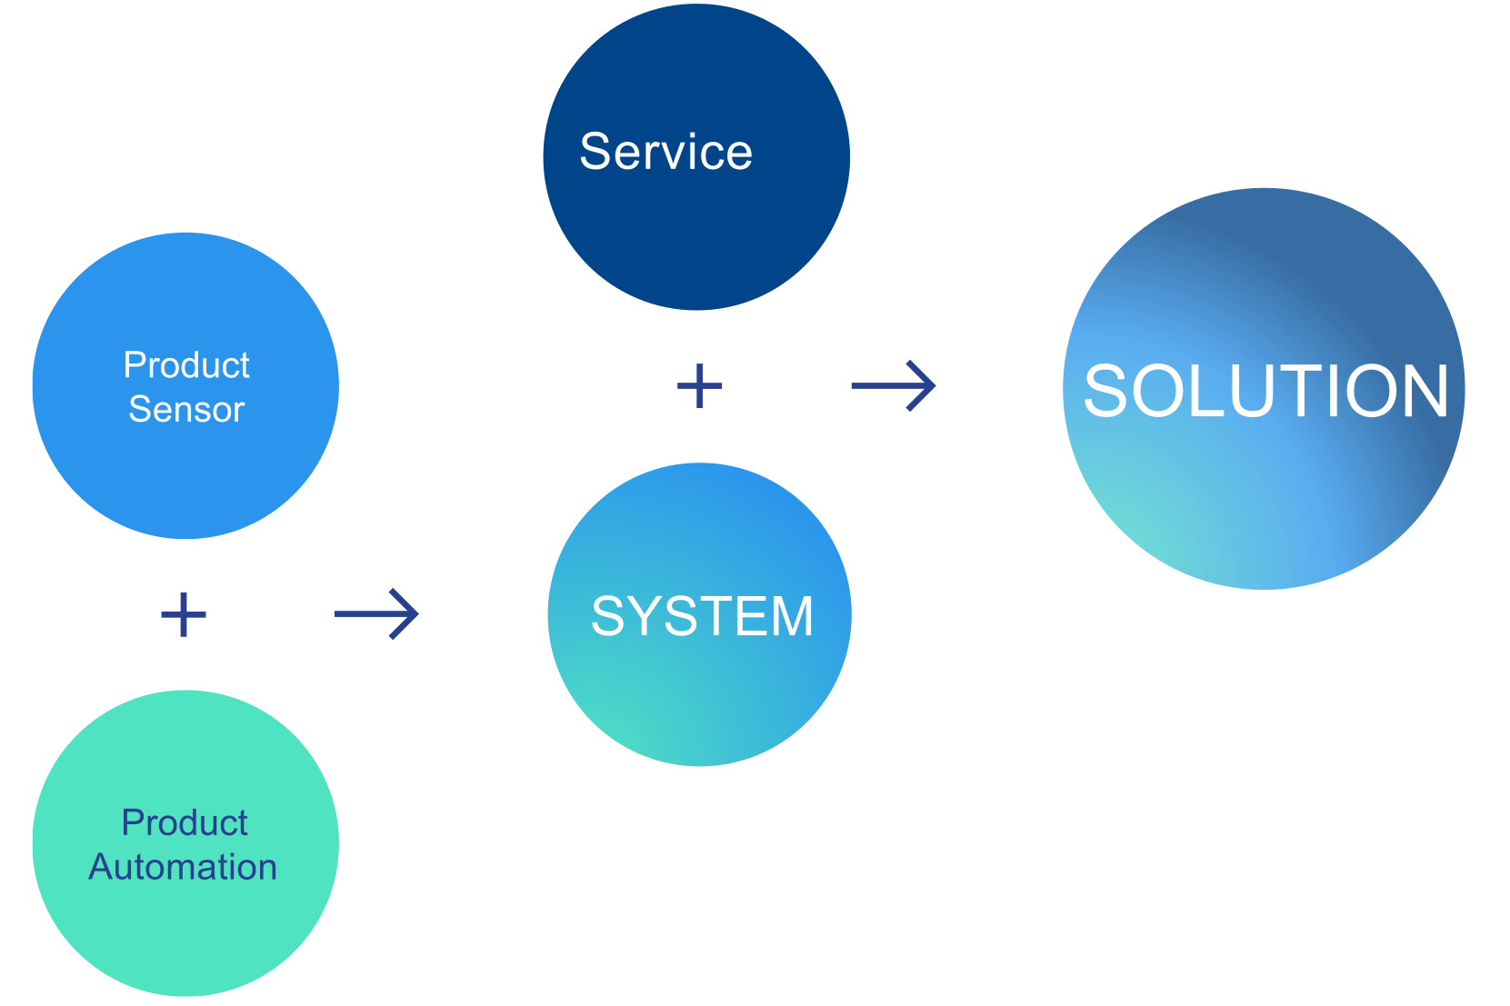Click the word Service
(x=666, y=152)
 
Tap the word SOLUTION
(x=1265, y=391)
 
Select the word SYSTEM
(x=702, y=616)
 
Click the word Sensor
(x=186, y=410)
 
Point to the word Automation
(x=183, y=867)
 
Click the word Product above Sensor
(x=186, y=365)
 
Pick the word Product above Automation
(x=185, y=822)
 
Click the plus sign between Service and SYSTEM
(x=700, y=385)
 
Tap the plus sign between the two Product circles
(x=184, y=614)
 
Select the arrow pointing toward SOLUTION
(x=893, y=386)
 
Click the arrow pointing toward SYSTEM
(x=376, y=614)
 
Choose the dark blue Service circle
(x=696, y=236)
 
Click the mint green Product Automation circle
(x=185, y=936)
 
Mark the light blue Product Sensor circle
(x=185, y=473)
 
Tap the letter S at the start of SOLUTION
(x=1105, y=391)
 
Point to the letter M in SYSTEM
(x=791, y=616)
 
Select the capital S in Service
(x=598, y=152)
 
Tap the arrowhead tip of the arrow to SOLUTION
(x=935, y=386)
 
